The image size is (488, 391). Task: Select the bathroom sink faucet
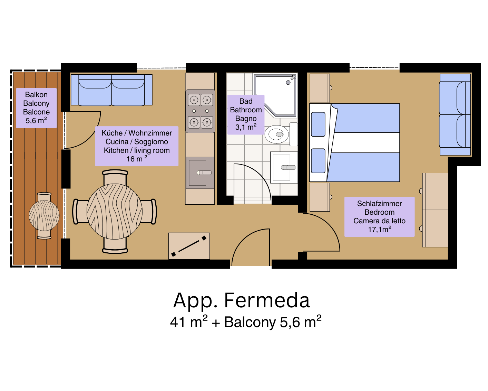[288, 167]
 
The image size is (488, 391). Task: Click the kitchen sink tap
[204, 173]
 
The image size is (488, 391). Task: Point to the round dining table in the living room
[115, 211]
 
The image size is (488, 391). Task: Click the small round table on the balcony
[44, 215]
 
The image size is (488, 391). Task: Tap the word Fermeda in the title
[267, 300]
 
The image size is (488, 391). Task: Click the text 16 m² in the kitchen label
[137, 159]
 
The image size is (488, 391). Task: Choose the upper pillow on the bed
[318, 124]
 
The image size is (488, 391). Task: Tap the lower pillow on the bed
[318, 161]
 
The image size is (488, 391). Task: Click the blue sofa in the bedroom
[455, 114]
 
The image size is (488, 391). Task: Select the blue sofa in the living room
[111, 90]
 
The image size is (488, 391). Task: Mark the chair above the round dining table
[115, 177]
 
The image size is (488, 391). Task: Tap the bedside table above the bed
[320, 88]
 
